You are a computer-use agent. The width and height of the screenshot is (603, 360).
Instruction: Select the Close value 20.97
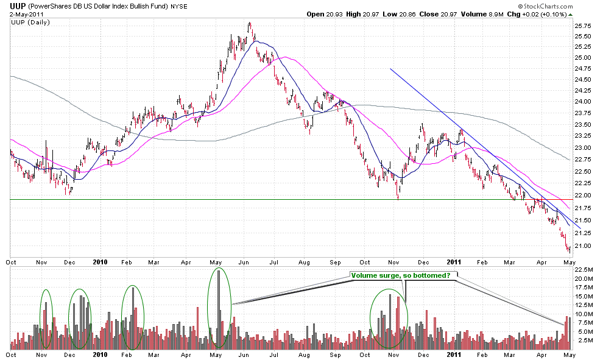click(443, 14)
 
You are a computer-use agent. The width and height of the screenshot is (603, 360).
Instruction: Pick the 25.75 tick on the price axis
click(584, 26)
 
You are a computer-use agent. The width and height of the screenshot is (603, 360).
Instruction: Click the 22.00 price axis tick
click(584, 195)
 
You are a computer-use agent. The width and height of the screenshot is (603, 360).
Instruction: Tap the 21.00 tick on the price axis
click(584, 245)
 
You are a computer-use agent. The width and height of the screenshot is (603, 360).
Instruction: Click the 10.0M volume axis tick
click(585, 314)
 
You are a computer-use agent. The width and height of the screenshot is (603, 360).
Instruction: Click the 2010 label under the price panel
click(100, 262)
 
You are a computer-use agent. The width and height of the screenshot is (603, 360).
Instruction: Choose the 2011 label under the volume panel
click(454, 354)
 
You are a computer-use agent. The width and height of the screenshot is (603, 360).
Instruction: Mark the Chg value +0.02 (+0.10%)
click(545, 14)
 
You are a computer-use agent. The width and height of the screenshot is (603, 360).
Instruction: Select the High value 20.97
click(368, 14)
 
